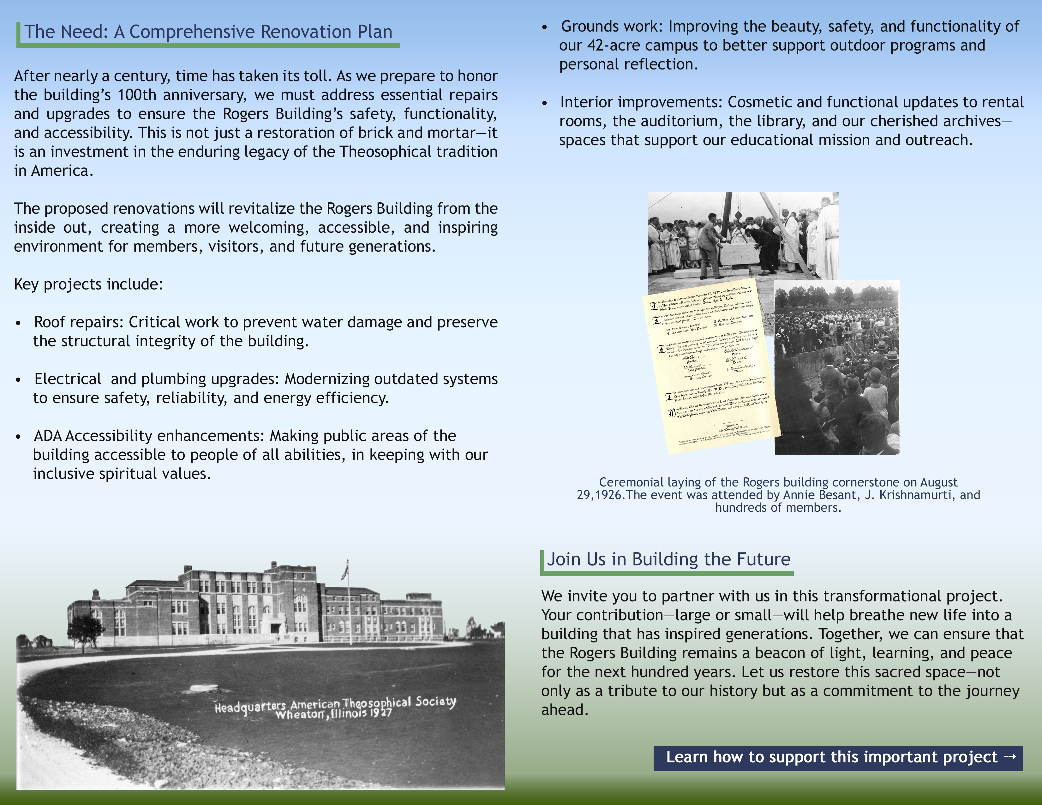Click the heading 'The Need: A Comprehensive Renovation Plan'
coord(208,32)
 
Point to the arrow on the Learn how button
coord(1010,757)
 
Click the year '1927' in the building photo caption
coord(381,713)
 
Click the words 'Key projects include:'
coord(88,284)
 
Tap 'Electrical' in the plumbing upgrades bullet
coord(68,379)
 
